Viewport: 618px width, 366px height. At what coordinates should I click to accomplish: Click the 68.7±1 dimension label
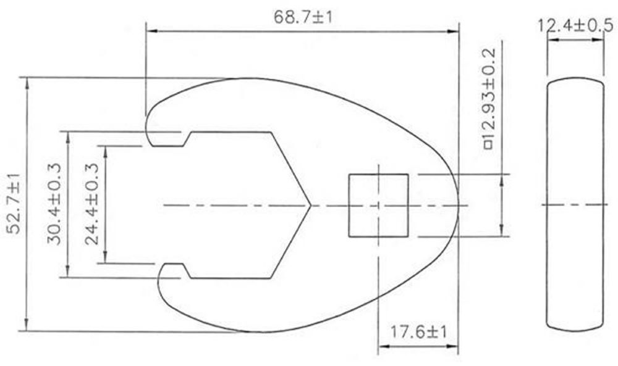click(303, 17)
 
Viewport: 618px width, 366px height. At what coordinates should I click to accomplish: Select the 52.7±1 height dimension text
click(13, 204)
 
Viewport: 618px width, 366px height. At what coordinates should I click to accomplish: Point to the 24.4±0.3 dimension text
click(92, 204)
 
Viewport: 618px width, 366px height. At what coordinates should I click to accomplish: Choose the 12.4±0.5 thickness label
click(575, 25)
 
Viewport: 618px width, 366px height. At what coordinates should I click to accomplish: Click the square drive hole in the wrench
click(378, 206)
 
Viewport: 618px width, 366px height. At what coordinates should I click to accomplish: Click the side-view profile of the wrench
click(575, 204)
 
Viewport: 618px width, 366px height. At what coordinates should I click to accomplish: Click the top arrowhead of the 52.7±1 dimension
click(27, 81)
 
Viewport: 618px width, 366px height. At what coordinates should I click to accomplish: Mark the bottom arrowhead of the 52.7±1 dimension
click(27, 327)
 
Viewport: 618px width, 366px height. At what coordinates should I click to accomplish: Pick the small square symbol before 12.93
click(488, 145)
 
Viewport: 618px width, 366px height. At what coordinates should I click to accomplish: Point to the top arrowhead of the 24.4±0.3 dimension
click(107, 150)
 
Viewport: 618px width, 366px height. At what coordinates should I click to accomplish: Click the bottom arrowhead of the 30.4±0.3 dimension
click(67, 273)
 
